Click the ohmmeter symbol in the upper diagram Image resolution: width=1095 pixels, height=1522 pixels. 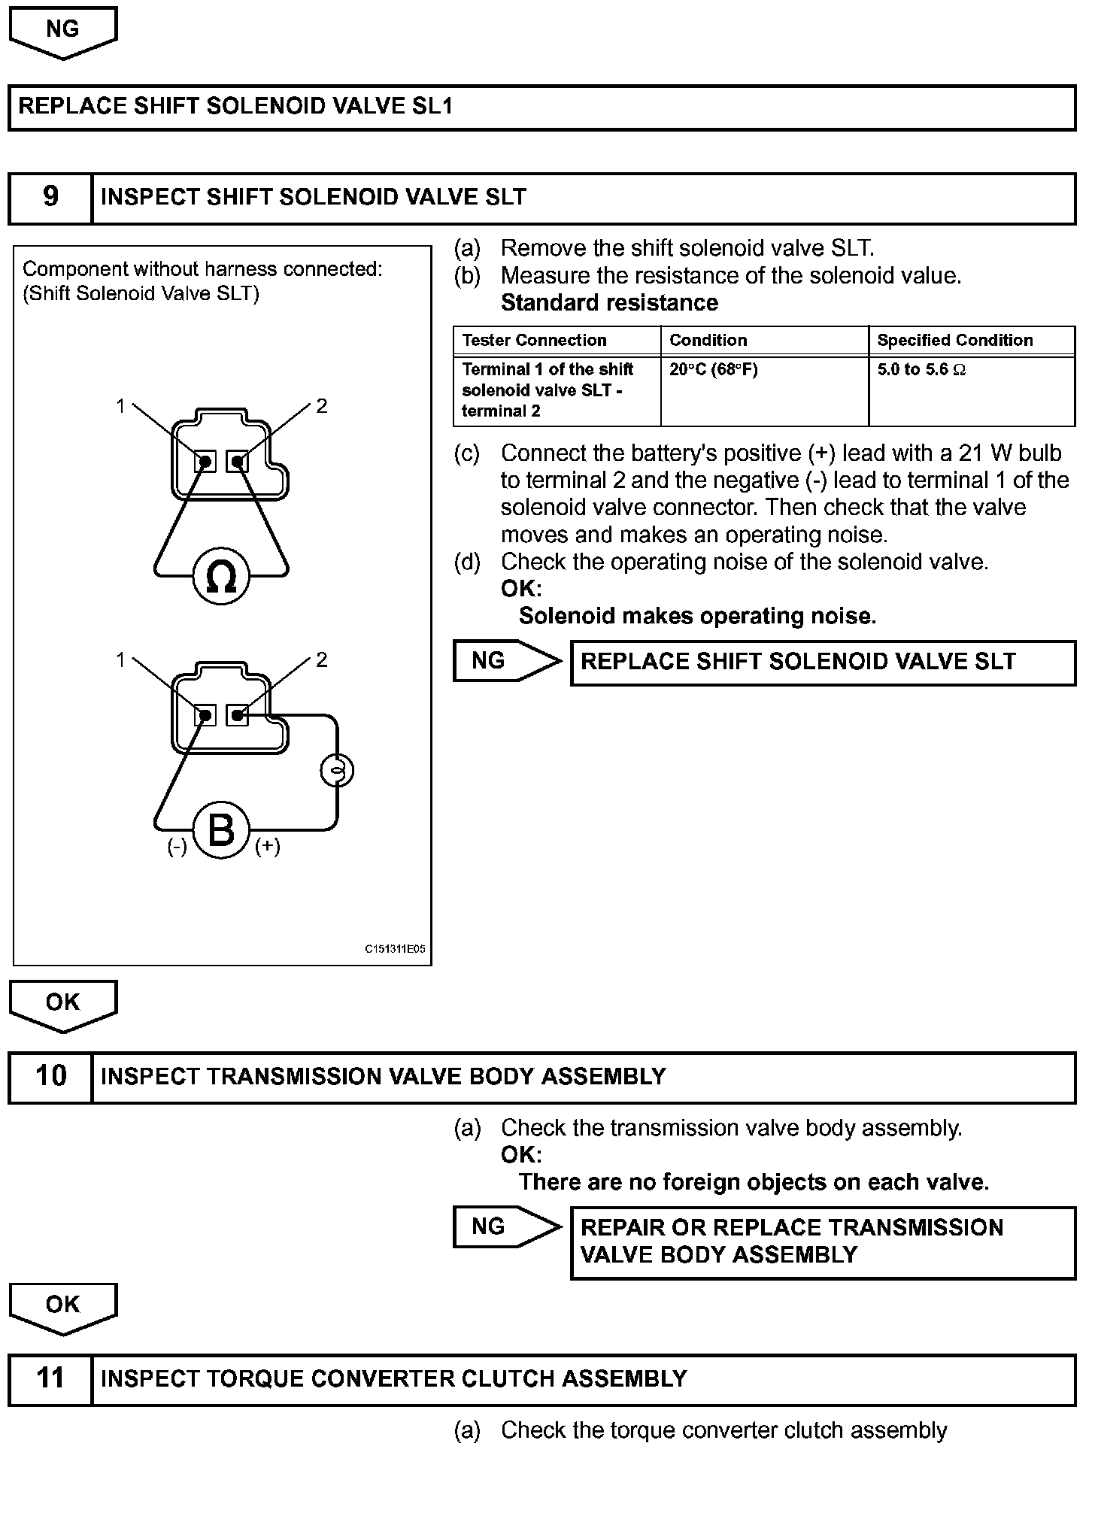[x=220, y=578]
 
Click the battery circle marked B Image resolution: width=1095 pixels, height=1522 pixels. [x=220, y=830]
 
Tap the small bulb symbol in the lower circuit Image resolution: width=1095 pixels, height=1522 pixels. [x=337, y=770]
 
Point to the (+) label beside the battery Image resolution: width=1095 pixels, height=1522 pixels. [x=268, y=847]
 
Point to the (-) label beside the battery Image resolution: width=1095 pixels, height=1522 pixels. [x=177, y=847]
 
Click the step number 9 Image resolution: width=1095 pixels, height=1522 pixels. [x=50, y=197]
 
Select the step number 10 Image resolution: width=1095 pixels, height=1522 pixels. [x=50, y=1076]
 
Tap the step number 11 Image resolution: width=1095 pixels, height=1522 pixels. [x=50, y=1378]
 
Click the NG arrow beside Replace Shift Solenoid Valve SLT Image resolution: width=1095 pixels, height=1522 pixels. [x=506, y=661]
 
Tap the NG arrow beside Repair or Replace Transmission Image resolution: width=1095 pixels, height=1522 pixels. [x=506, y=1226]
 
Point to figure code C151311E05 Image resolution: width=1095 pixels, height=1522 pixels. [x=395, y=949]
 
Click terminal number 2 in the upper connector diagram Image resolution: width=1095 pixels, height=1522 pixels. [x=322, y=406]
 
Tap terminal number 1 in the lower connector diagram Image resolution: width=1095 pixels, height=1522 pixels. [x=120, y=659]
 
